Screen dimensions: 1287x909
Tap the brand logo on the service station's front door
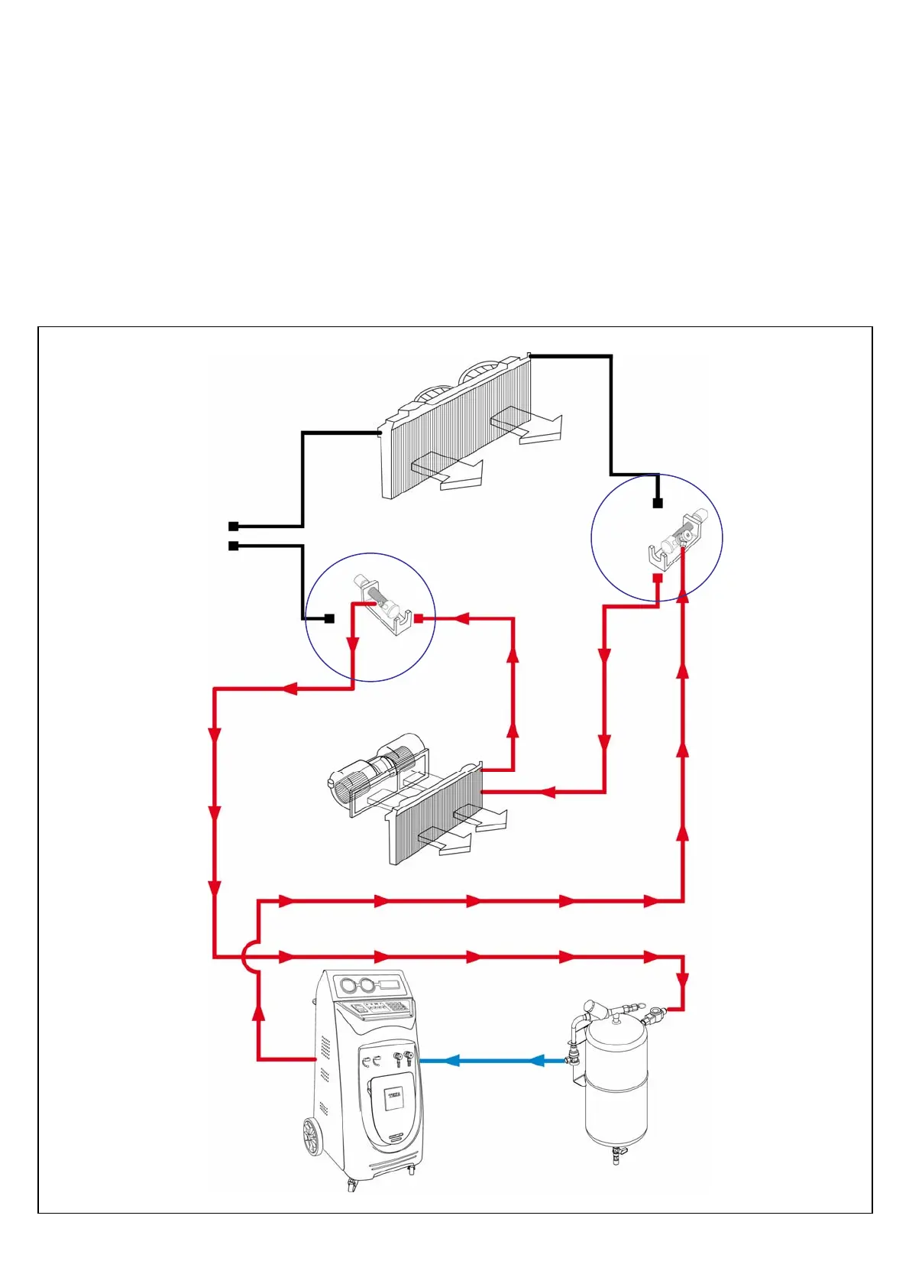pyautogui.click(x=394, y=1096)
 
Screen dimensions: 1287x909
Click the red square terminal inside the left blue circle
pyautogui.click(x=419, y=618)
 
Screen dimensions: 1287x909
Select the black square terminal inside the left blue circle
pyautogui.click(x=330, y=618)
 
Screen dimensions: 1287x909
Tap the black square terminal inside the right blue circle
pyautogui.click(x=657, y=503)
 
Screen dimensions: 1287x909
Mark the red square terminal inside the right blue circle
pyautogui.click(x=657, y=578)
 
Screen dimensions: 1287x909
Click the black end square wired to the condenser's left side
pyautogui.click(x=233, y=527)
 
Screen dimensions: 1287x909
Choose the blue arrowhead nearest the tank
pyautogui.click(x=537, y=1061)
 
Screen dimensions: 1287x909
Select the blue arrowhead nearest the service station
pyautogui.click(x=451, y=1061)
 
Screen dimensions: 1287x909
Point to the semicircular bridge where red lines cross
pyautogui.click(x=249, y=956)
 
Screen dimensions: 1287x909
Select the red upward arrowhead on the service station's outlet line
pyautogui.click(x=259, y=1013)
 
